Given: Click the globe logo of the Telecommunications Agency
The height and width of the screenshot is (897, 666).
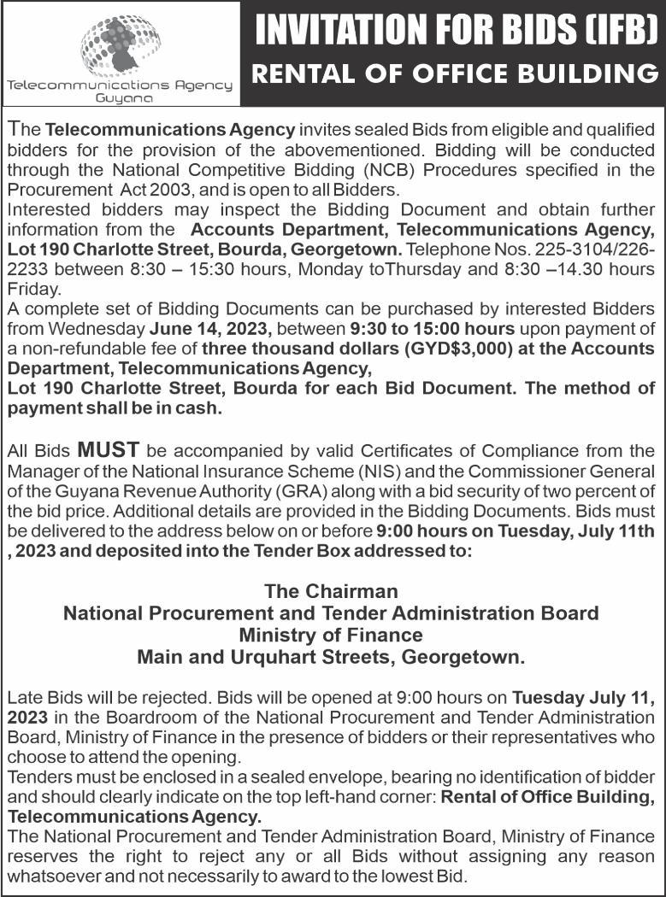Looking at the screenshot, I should (x=120, y=43).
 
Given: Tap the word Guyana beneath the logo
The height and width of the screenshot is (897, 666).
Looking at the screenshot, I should (x=120, y=99).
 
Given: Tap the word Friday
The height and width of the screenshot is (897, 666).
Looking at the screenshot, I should (x=29, y=289).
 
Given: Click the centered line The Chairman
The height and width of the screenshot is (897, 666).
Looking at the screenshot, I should (x=332, y=590).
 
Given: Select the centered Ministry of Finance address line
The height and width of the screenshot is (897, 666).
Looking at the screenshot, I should (x=332, y=636).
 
